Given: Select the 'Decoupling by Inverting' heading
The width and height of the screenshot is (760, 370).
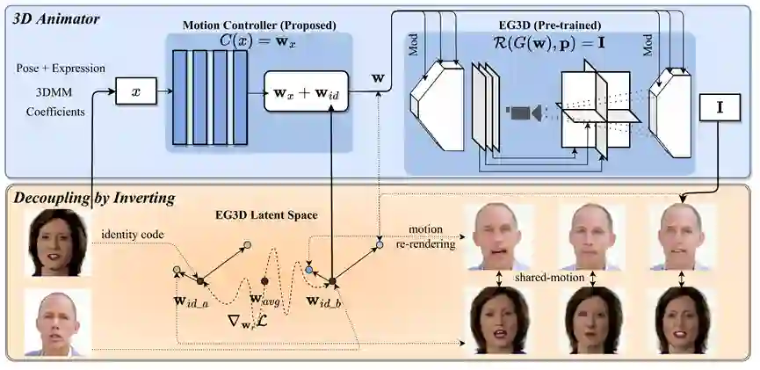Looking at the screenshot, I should coord(92,198).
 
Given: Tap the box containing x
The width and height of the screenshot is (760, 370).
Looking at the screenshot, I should coord(135,91).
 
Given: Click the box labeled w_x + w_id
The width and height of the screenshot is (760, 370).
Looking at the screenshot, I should coord(301,91).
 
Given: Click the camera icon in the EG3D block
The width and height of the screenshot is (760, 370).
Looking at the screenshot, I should coord(524,112).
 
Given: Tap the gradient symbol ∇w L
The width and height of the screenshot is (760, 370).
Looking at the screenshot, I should coord(235,323).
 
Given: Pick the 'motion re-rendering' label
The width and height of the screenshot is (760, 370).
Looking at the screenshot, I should coord(430,237).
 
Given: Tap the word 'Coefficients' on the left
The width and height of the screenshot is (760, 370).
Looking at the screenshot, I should coord(54,112).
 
